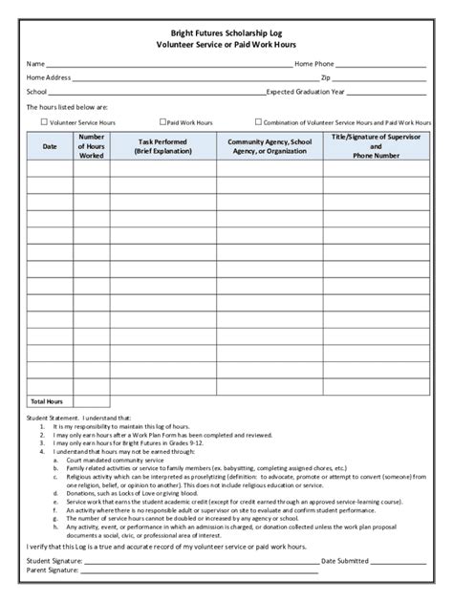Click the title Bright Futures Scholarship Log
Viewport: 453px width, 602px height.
click(226, 32)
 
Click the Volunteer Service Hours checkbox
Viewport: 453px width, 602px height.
click(44, 122)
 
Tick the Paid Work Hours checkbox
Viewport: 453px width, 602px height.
click(163, 122)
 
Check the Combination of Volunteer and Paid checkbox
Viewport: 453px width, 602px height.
click(258, 122)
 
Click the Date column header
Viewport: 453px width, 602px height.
click(50, 146)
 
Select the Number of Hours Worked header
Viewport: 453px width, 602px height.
click(92, 146)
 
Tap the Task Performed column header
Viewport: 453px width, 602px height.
click(162, 146)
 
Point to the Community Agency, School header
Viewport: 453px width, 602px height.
click(270, 146)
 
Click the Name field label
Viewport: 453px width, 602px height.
click(36, 63)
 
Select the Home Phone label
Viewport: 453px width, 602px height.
click(313, 63)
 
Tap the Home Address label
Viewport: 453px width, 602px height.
click(49, 77)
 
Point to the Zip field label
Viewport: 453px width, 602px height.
click(326, 77)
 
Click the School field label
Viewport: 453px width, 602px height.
click(37, 92)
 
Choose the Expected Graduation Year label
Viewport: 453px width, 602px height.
click(306, 92)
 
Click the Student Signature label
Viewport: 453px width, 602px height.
click(54, 559)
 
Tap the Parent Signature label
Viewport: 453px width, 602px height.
click(53, 570)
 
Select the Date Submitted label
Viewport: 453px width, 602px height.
click(345, 559)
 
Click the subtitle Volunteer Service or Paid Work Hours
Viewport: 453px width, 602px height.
click(226, 44)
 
